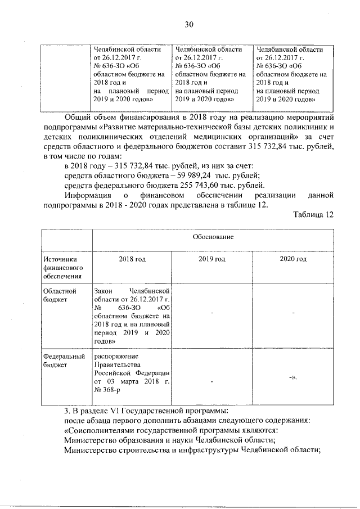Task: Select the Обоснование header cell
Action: pos(214,237)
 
